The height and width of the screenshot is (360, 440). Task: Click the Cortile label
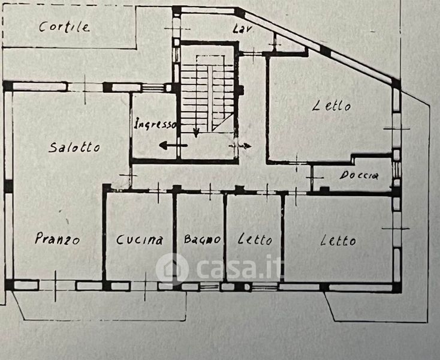[65, 26]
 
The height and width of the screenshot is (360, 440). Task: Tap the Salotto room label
[75, 147]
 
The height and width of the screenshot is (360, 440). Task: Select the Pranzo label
[58, 238]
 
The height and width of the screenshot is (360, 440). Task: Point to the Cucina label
[140, 240]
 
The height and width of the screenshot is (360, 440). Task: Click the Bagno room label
[203, 239]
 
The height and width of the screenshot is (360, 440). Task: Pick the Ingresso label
[155, 125]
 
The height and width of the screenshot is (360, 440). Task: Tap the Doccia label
[359, 176]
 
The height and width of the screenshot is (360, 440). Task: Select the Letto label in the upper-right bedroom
[331, 107]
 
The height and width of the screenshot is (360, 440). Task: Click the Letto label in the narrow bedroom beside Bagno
[254, 240]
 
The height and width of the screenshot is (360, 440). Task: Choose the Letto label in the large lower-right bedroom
[338, 241]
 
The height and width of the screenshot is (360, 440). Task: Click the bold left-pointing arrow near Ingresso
[173, 145]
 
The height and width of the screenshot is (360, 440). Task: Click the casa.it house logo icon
[172, 268]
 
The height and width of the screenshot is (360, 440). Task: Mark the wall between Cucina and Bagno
[176, 237]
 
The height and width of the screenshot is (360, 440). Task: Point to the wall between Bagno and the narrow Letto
[225, 237]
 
